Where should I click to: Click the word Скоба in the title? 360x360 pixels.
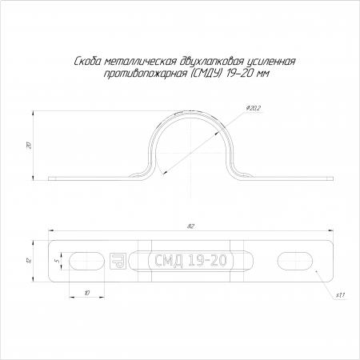[x=87, y=62]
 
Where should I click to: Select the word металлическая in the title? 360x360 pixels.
[x=140, y=62]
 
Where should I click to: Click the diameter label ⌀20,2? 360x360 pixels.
[x=254, y=108]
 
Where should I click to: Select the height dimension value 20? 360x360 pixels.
[x=30, y=145]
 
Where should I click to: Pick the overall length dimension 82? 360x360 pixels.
[x=190, y=226]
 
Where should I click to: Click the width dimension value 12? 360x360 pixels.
[x=30, y=260]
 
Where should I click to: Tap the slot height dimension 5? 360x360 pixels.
[x=58, y=261]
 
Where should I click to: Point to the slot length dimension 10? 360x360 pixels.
[x=87, y=293]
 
